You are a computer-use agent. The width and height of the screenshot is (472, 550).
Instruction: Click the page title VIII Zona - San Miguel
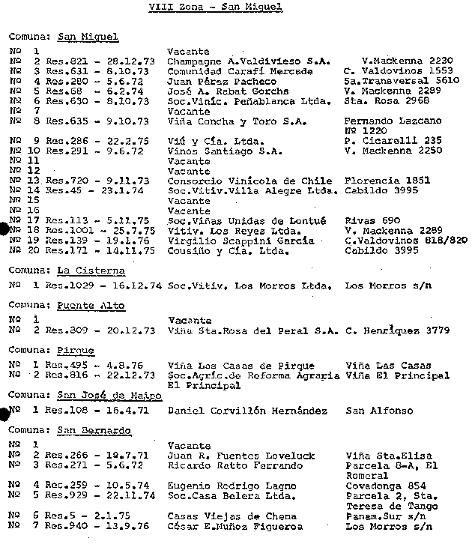pos(215,7)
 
